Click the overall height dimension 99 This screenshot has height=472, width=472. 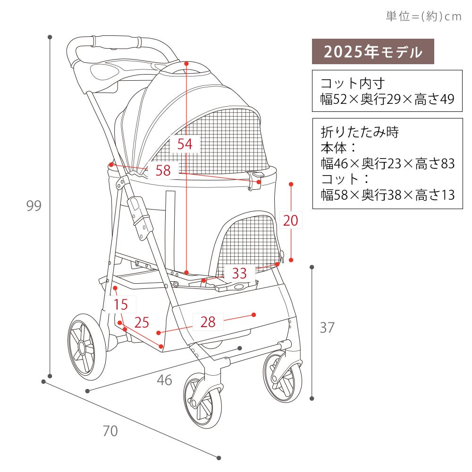tap(34, 206)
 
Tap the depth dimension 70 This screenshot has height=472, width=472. tap(110, 431)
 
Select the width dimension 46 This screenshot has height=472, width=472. tap(164, 380)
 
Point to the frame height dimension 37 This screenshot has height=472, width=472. tap(327, 328)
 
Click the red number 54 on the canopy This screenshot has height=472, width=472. tap(185, 144)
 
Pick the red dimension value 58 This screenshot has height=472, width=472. tap(163, 170)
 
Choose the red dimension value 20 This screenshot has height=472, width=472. tap(290, 220)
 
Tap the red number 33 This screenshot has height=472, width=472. tap(239, 273)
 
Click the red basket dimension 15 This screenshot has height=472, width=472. tap(121, 304)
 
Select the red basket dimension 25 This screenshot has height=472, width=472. tap(142, 322)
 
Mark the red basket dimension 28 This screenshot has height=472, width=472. tap(208, 322)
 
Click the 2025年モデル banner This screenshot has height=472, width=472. tap(373, 51)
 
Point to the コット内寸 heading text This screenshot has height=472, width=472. tap(353, 84)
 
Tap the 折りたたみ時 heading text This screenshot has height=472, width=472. tap(360, 132)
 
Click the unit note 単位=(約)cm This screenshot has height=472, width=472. tap(424, 16)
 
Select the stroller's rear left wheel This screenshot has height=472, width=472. tap(87, 347)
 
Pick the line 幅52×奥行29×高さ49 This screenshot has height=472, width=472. tap(387, 99)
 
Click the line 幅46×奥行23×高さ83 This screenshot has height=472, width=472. tap(388, 163)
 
